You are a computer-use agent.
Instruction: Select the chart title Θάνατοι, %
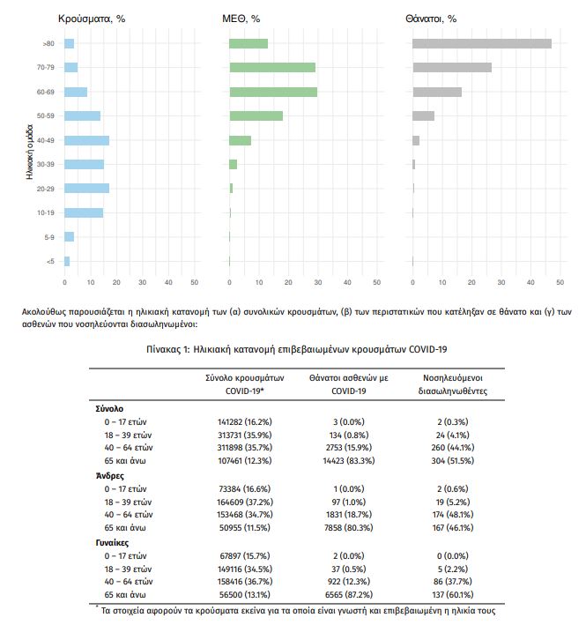coord(431,19)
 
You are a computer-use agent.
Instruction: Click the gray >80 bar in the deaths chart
coord(481,43)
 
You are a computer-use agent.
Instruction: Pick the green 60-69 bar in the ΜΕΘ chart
coord(272,92)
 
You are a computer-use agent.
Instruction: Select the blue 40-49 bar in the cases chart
coord(86,140)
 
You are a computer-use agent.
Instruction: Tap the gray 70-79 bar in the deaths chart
coord(451,68)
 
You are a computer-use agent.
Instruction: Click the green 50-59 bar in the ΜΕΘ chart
coord(256,115)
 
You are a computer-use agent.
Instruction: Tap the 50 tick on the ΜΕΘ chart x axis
coord(376,282)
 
